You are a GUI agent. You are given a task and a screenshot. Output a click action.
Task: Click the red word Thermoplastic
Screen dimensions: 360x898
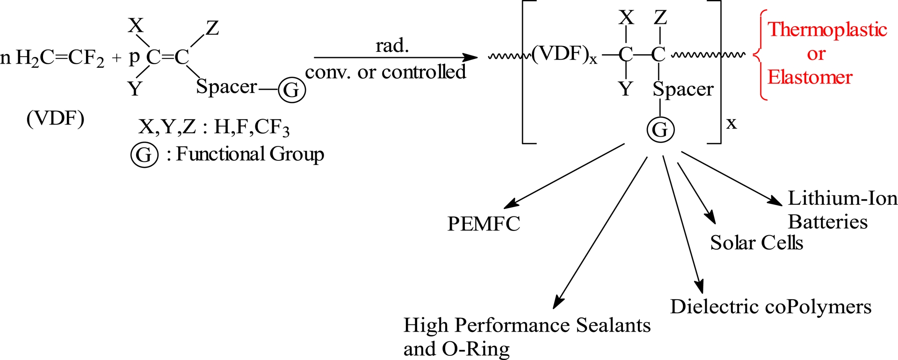[x=827, y=29]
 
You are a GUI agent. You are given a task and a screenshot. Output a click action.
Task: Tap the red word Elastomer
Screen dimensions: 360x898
[x=810, y=77]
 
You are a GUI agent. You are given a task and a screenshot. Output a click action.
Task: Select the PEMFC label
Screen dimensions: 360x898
[x=484, y=224]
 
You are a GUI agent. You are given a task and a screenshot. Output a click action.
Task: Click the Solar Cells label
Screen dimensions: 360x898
[x=756, y=243]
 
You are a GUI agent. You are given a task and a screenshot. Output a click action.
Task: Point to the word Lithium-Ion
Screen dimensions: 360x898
[x=842, y=198]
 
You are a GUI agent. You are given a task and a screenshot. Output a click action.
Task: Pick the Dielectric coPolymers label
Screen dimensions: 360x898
[x=771, y=307]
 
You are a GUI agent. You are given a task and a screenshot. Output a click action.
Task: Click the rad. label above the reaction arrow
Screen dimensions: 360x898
[x=392, y=46]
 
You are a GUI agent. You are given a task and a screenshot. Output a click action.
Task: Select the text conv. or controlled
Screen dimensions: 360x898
[x=385, y=72]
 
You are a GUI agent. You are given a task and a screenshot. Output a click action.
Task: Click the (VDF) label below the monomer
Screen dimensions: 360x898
[x=55, y=119]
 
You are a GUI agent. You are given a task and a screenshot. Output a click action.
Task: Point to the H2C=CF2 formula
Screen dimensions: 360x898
[x=60, y=58]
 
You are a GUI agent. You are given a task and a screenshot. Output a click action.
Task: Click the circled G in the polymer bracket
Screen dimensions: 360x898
[x=660, y=130]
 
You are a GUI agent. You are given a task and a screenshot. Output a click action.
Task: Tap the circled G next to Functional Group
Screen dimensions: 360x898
[x=144, y=155]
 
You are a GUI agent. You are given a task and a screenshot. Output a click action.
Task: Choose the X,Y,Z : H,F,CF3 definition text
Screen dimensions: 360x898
[x=214, y=127]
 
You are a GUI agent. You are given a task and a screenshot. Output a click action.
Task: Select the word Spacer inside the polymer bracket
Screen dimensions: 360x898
[x=683, y=89]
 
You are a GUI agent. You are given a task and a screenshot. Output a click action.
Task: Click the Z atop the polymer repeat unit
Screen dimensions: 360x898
[x=660, y=18]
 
